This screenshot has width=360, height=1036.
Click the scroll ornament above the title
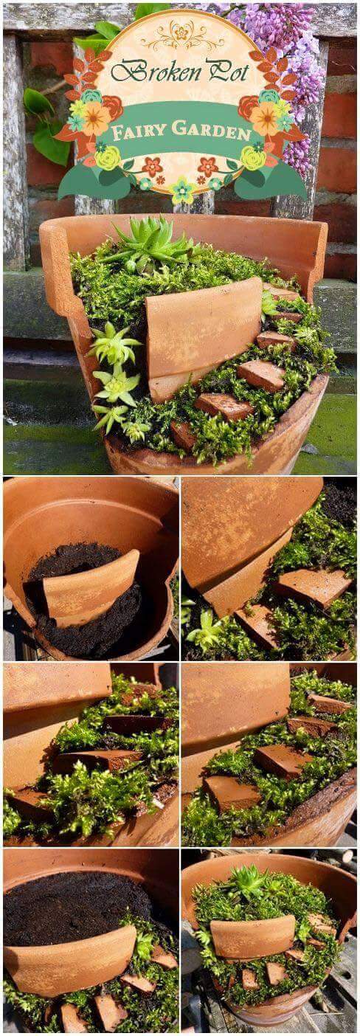(181, 36)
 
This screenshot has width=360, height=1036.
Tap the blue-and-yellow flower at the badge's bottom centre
(182, 190)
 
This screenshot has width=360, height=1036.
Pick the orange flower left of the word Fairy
(96, 118)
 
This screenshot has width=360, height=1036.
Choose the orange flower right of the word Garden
(266, 118)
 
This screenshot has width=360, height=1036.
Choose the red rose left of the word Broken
(113, 107)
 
